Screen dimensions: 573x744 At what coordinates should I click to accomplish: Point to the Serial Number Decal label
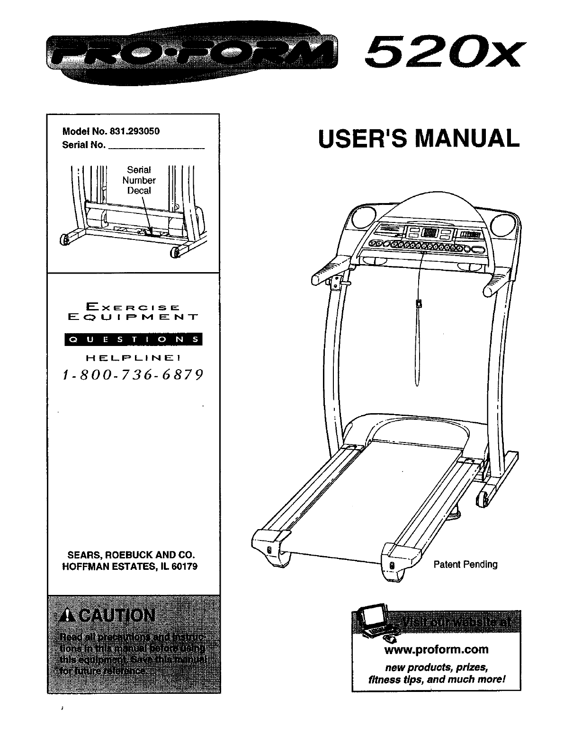139,180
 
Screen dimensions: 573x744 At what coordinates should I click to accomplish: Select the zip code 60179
184,566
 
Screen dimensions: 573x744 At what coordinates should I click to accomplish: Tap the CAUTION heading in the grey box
108,617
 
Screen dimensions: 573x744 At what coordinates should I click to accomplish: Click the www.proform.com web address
437,649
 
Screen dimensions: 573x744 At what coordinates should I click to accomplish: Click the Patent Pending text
466,564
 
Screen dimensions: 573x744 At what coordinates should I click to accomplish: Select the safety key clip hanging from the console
418,303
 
